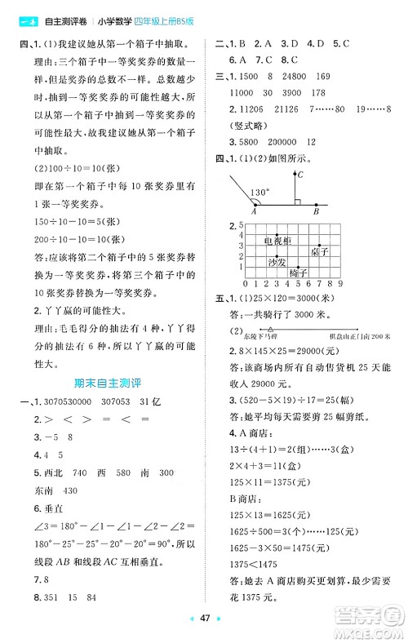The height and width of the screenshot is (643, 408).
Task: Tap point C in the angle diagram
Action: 299,175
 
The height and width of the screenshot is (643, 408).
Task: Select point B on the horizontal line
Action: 317,211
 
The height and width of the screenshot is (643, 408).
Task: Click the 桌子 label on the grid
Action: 320,251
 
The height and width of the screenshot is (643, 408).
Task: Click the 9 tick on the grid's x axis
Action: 339,283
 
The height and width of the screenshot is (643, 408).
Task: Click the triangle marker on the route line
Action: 270,329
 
